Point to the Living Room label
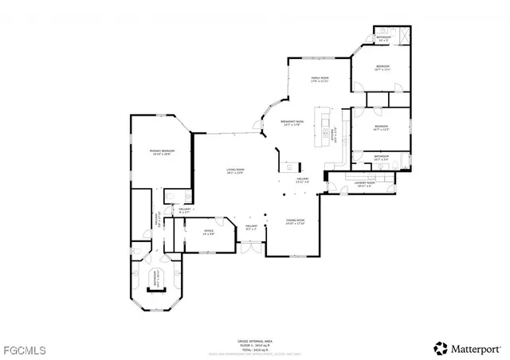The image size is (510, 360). click(234, 171)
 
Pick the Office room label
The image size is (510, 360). click(210, 233)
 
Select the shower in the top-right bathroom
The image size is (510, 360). click(402, 37)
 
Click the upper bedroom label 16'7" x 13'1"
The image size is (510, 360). click(382, 67)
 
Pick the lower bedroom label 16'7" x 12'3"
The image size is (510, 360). click(381, 127)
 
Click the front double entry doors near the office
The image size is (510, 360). click(250, 249)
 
